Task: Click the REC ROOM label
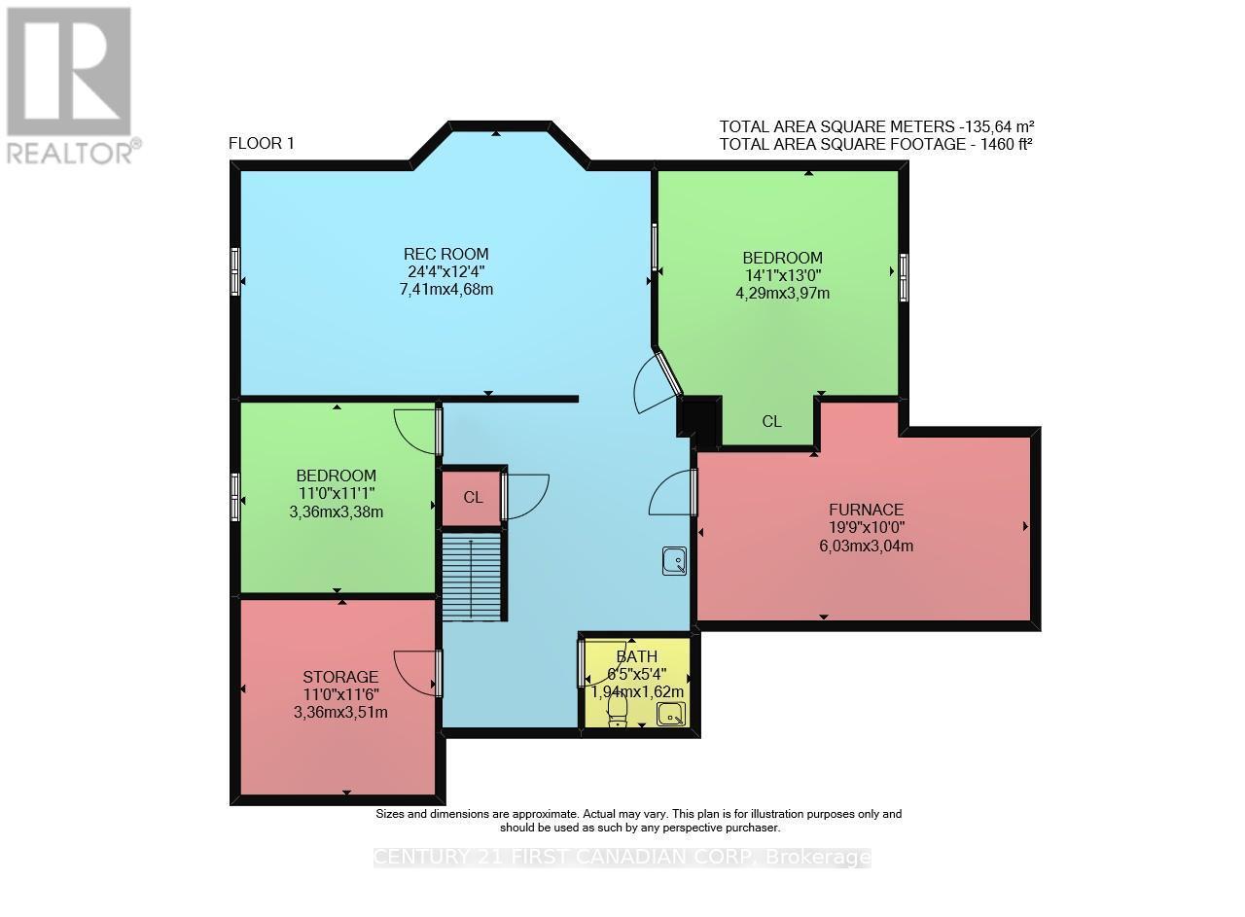[446, 255]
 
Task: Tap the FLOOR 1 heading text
[261, 144]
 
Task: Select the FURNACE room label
[866, 510]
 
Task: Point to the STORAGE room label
[339, 677]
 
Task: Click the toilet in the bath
[618, 713]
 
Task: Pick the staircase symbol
[473, 576]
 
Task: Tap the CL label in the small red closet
[473, 497]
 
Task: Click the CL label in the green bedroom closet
[771, 422]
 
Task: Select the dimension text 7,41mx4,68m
[446, 290]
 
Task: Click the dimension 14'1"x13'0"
[782, 275]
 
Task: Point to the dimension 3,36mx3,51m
[339, 712]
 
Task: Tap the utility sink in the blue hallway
[673, 560]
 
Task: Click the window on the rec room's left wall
[235, 271]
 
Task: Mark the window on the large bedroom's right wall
[904, 277]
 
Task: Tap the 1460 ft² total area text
[875, 144]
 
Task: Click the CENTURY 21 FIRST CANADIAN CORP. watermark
[622, 858]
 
